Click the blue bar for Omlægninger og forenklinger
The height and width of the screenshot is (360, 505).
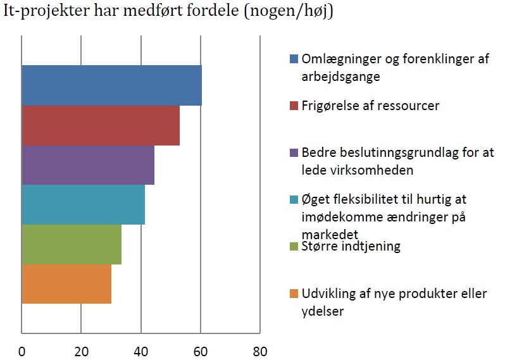[x=111, y=85]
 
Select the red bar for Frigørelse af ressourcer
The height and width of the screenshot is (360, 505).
[x=101, y=125]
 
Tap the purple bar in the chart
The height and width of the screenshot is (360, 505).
[x=88, y=165]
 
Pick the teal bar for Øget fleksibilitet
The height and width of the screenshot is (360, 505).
[x=83, y=204]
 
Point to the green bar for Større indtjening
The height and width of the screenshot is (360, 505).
[x=72, y=244]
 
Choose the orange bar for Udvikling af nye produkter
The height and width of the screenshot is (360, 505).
[x=66, y=284]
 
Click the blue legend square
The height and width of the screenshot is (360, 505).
[x=294, y=59]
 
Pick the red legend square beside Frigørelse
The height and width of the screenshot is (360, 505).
[x=294, y=106]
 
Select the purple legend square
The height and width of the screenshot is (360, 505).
[x=294, y=153]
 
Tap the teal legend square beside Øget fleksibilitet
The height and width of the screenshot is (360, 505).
[x=294, y=200]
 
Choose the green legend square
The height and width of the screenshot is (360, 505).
[x=294, y=247]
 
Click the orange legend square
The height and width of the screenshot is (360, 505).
[x=294, y=294]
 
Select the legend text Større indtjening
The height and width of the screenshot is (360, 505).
[x=351, y=246]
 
